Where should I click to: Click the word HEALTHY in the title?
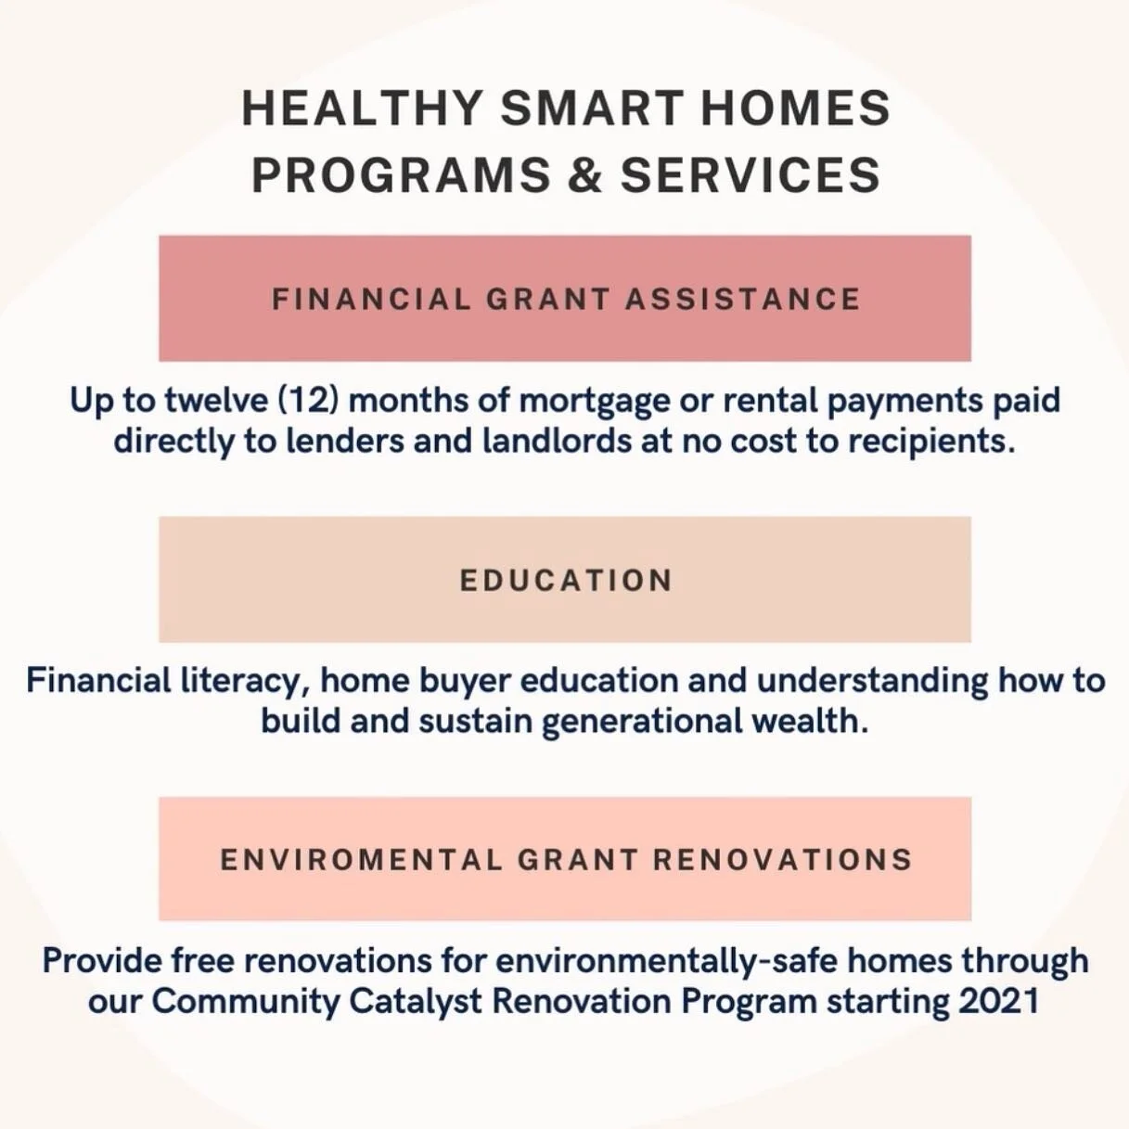point(363,109)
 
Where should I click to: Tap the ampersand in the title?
point(584,175)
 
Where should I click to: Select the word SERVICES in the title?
point(750,175)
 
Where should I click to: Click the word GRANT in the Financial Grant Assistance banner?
point(548,299)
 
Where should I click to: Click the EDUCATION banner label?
point(566,580)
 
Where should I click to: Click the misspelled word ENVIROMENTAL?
point(361,859)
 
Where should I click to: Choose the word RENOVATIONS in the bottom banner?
point(782,859)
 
